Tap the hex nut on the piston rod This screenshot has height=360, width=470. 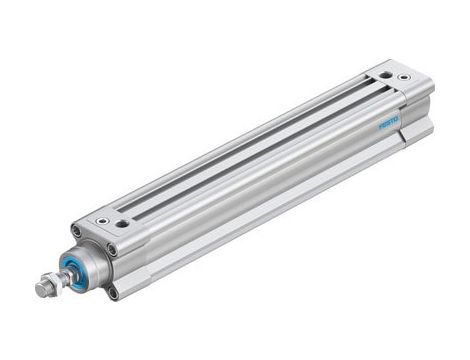47,290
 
